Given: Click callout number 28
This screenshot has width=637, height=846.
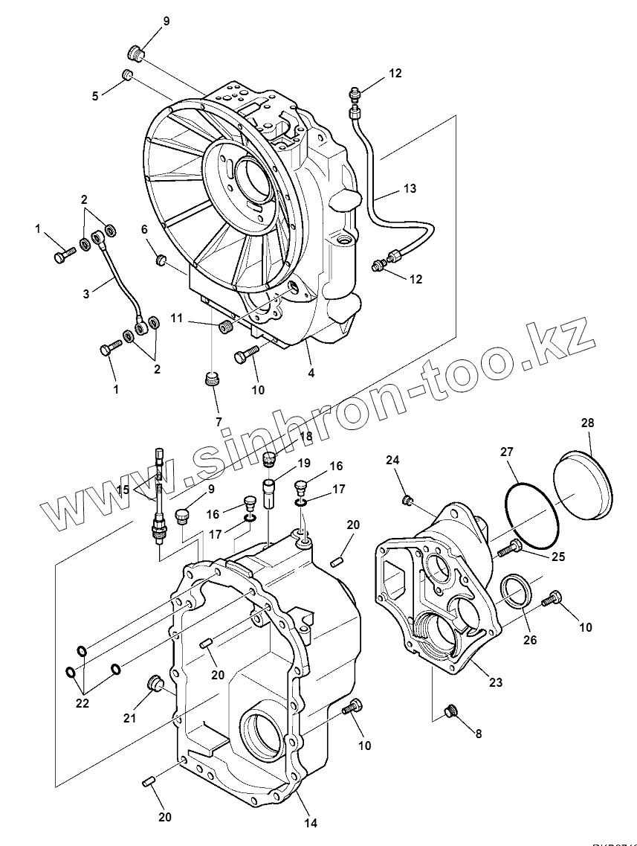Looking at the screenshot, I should [587, 423].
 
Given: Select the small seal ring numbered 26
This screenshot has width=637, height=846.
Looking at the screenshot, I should [516, 591].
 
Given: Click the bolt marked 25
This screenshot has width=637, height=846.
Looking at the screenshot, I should [509, 549].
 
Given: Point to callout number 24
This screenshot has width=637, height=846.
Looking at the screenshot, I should [392, 460].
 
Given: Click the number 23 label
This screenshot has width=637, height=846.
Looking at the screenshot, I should [496, 682].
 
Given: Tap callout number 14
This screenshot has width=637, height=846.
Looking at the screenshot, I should [311, 822].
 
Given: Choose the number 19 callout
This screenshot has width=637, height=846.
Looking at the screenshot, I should [303, 464].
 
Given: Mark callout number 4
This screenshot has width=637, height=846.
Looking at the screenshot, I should [311, 373].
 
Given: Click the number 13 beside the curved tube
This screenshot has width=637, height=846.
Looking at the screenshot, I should [410, 189].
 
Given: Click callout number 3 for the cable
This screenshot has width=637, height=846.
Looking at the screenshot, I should [86, 294].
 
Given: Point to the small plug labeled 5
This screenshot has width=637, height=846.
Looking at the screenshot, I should [126, 75].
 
